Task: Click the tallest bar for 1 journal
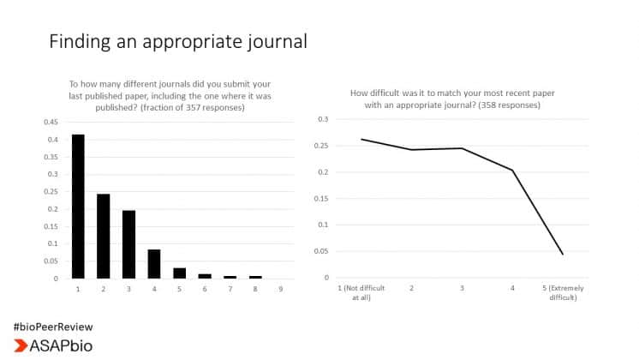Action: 78,207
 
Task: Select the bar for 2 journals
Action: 103,236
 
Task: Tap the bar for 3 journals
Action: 128,244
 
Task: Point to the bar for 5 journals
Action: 179,273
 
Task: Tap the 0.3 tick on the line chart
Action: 323,119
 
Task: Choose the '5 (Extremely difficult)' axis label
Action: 563,293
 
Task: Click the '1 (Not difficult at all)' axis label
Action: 361,293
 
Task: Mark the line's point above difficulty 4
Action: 512,171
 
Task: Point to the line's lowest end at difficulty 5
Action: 563,254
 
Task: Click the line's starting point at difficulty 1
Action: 361,139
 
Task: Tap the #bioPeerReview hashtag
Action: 52,327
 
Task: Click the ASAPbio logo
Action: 52,345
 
